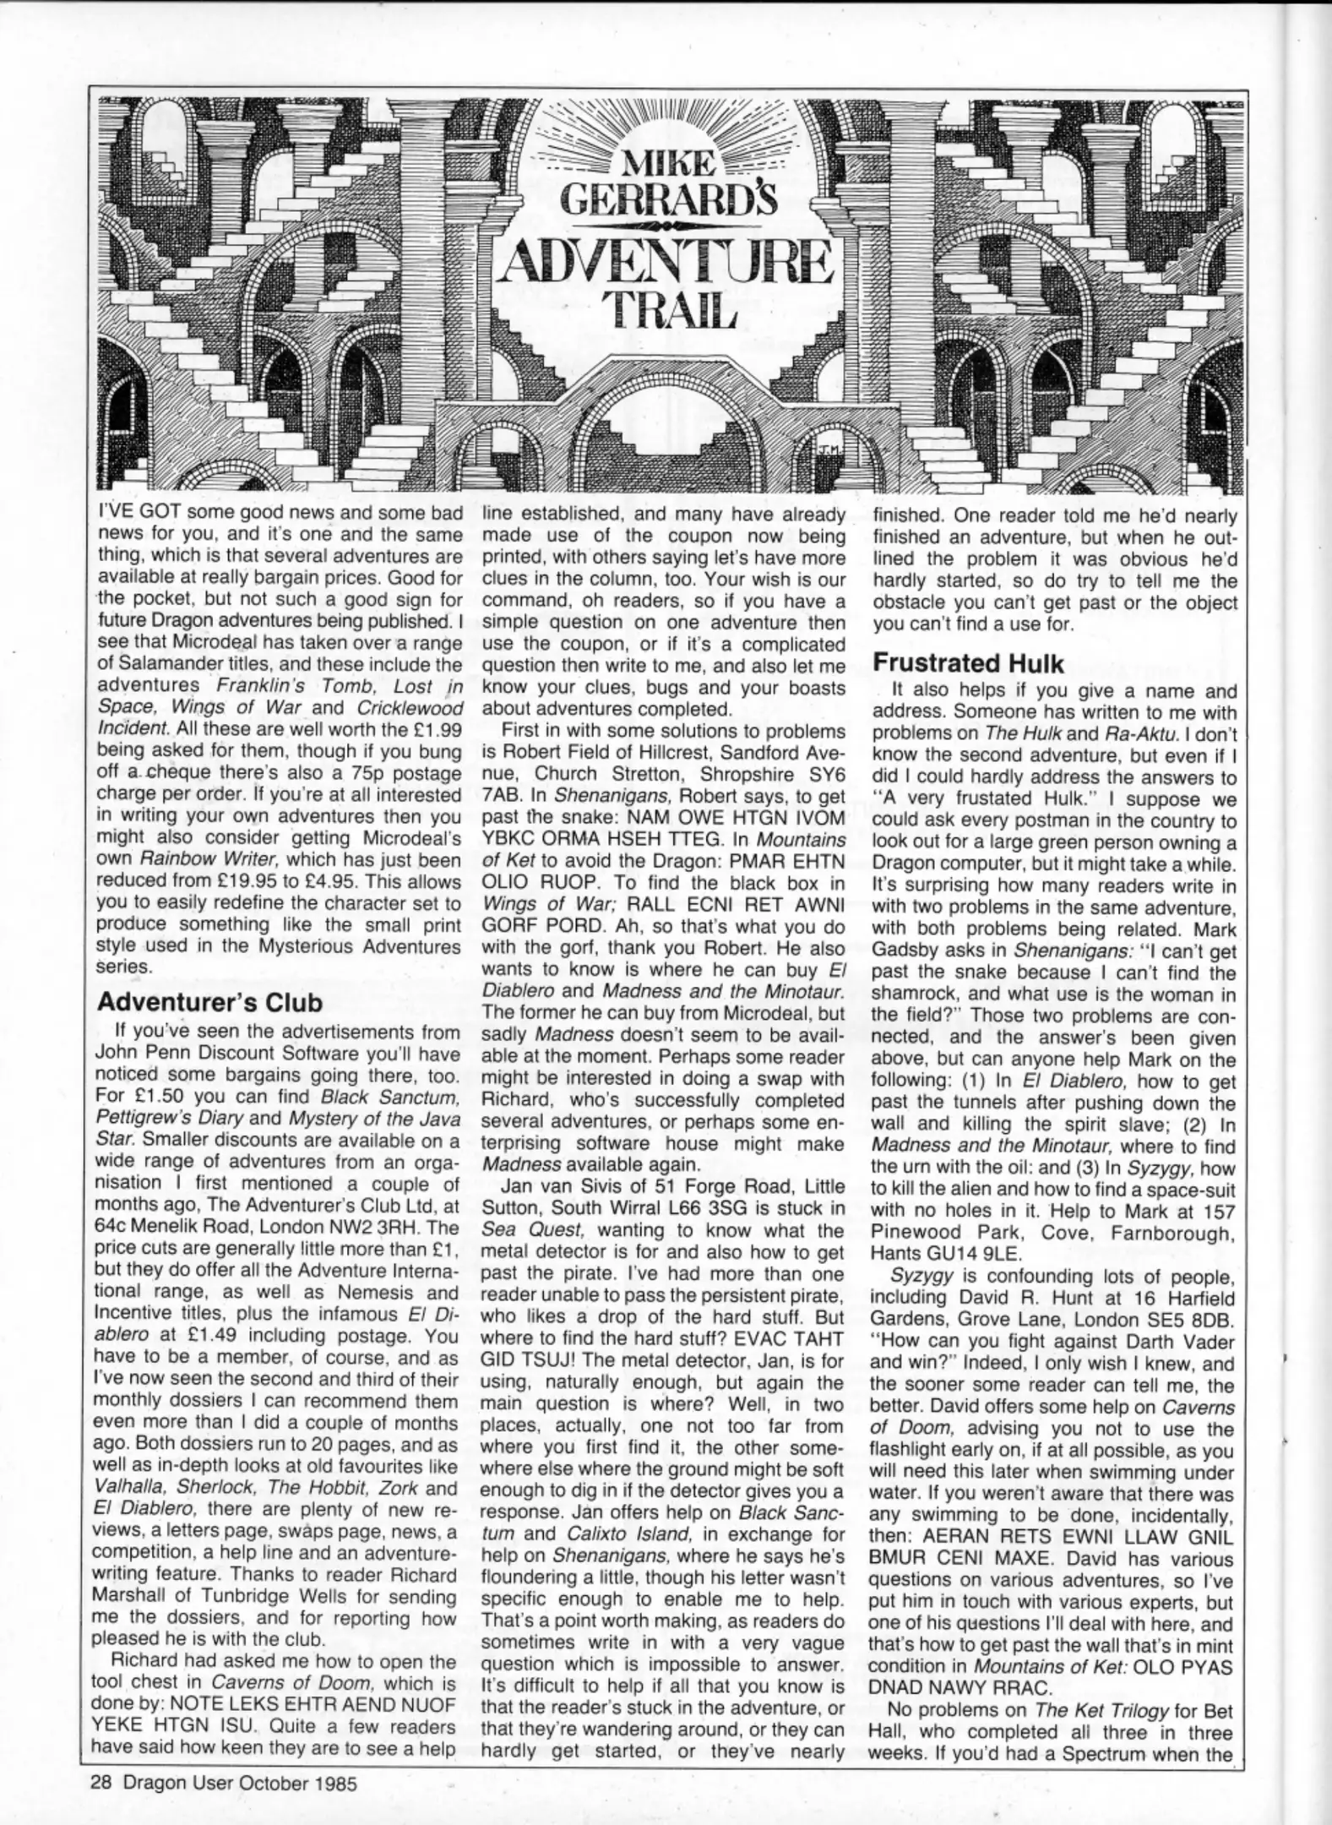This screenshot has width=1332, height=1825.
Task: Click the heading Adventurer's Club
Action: pyautogui.click(x=209, y=1002)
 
